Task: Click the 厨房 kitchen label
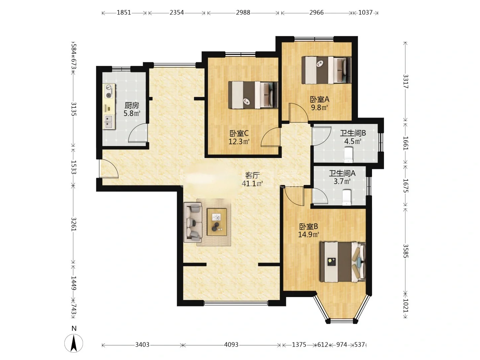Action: [132, 106]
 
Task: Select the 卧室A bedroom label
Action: [319, 99]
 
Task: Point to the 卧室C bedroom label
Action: [239, 133]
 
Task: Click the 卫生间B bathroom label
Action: [353, 133]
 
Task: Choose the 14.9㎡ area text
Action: [309, 235]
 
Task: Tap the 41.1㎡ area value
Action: [252, 183]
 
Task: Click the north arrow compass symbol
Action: [74, 343]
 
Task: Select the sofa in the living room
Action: [193, 222]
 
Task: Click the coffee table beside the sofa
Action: [217, 222]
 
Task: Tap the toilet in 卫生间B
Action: [348, 155]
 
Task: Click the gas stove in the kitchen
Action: [109, 91]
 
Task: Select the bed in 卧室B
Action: [343, 262]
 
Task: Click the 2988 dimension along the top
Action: [243, 12]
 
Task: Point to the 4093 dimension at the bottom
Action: [231, 345]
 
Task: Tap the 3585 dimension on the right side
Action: [405, 251]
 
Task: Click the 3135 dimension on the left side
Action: [73, 109]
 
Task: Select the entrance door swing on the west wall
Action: [108, 169]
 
